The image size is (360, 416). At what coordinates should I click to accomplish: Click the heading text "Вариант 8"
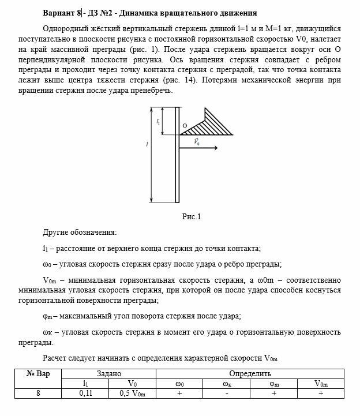click(63, 13)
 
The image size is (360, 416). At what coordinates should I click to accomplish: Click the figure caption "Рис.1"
click(190, 218)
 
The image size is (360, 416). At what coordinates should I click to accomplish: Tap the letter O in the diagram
click(184, 125)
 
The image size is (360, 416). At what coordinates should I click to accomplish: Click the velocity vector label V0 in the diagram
click(197, 141)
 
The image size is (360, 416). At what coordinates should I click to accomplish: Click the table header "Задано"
click(109, 373)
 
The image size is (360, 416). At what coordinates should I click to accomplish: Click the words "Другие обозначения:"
click(79, 233)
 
